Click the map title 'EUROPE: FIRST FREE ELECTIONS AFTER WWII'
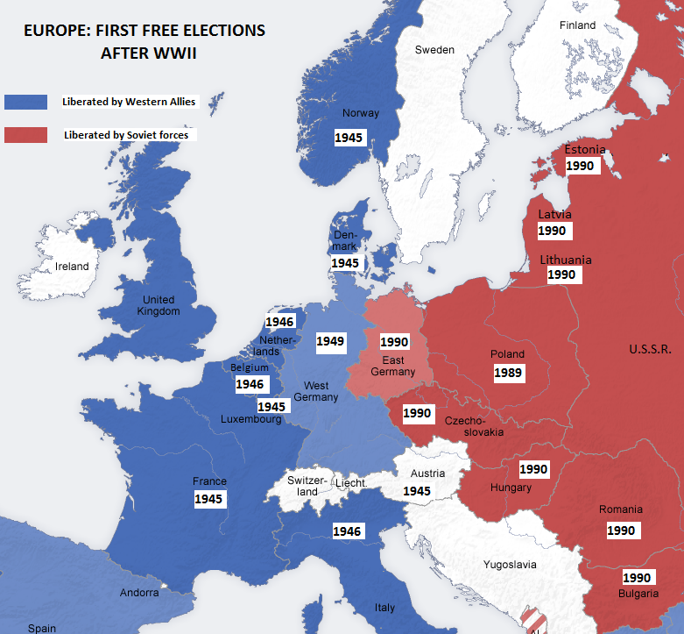[144, 41]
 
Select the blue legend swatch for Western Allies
[25, 101]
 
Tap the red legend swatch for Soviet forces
[25, 135]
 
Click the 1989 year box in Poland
[507, 373]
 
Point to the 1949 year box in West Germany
[330, 341]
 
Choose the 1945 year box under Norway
[349, 138]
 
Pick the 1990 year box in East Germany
[394, 341]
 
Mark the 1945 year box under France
[209, 499]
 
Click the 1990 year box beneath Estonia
[581, 165]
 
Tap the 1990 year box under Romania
[621, 530]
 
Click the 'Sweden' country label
[434, 50]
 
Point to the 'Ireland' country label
[72, 267]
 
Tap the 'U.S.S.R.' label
[650, 349]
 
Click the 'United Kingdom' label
[159, 305]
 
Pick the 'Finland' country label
[577, 25]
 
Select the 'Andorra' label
[139, 593]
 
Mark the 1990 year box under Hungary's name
[533, 469]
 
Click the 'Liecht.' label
[351, 483]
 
